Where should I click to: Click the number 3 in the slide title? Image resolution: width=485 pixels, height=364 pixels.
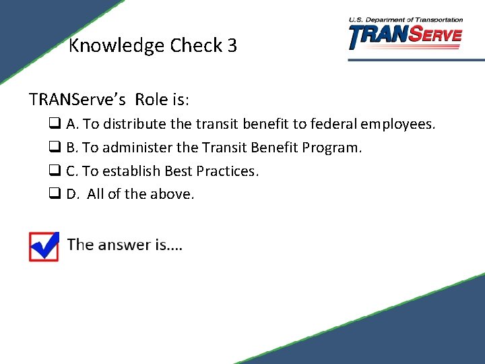[232, 46]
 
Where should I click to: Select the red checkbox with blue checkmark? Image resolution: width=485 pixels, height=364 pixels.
[44, 246]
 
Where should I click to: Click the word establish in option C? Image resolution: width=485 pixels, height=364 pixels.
[131, 171]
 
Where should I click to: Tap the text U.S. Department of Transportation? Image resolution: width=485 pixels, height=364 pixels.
[406, 20]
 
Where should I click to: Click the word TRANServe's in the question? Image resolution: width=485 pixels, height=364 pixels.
[77, 100]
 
